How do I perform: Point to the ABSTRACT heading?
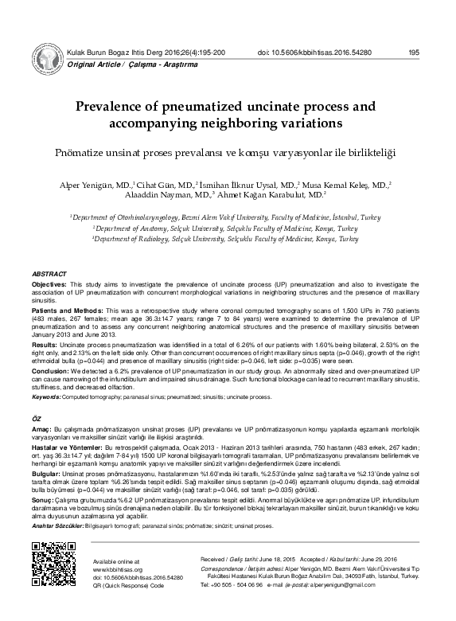coord(49,272)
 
